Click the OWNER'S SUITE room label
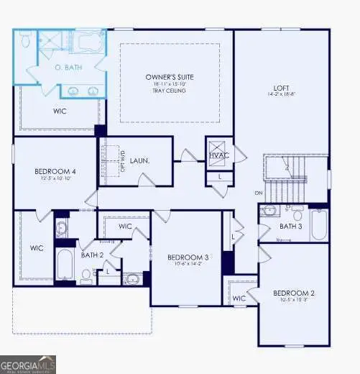[x=169, y=77]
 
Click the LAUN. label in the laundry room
[x=139, y=163]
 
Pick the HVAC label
[x=218, y=155]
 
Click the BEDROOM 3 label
[x=188, y=257]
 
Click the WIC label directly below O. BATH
[x=60, y=111]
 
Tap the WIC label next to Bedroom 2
[x=239, y=297]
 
